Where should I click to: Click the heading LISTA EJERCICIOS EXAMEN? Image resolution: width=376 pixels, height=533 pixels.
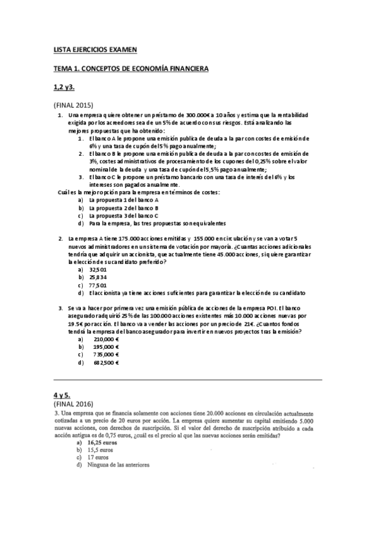click(x=94, y=49)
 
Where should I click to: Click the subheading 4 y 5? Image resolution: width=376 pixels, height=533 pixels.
click(x=62, y=395)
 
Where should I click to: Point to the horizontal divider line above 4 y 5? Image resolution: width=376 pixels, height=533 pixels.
click(x=188, y=380)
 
